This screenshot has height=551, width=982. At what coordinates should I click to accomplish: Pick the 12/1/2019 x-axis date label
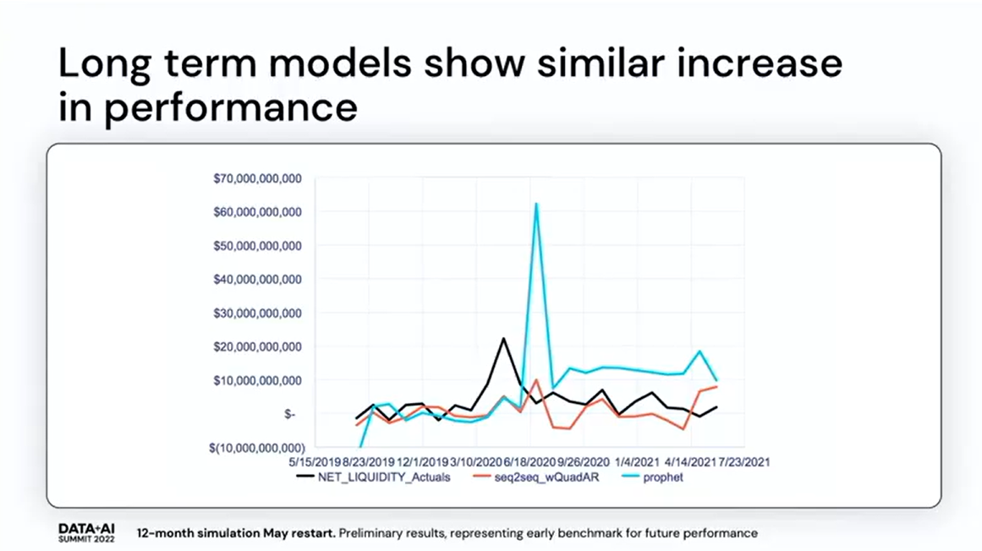tap(423, 462)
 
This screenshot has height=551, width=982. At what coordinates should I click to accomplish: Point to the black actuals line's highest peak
tap(503, 339)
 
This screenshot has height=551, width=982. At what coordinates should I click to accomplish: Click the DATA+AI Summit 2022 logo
tap(86, 532)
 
